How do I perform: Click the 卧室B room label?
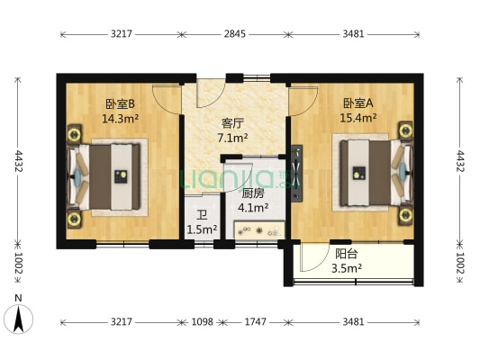[x=118, y=103]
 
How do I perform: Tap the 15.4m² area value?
[x=358, y=118]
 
